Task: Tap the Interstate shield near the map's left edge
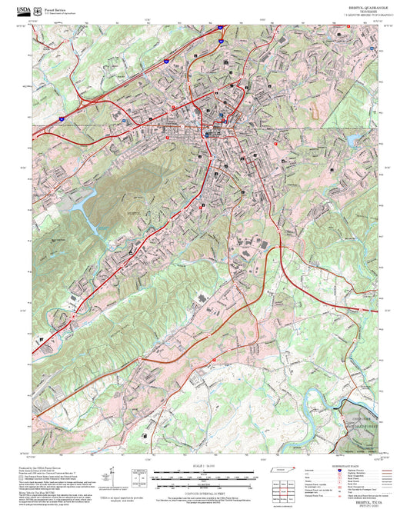click(x=62, y=117)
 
